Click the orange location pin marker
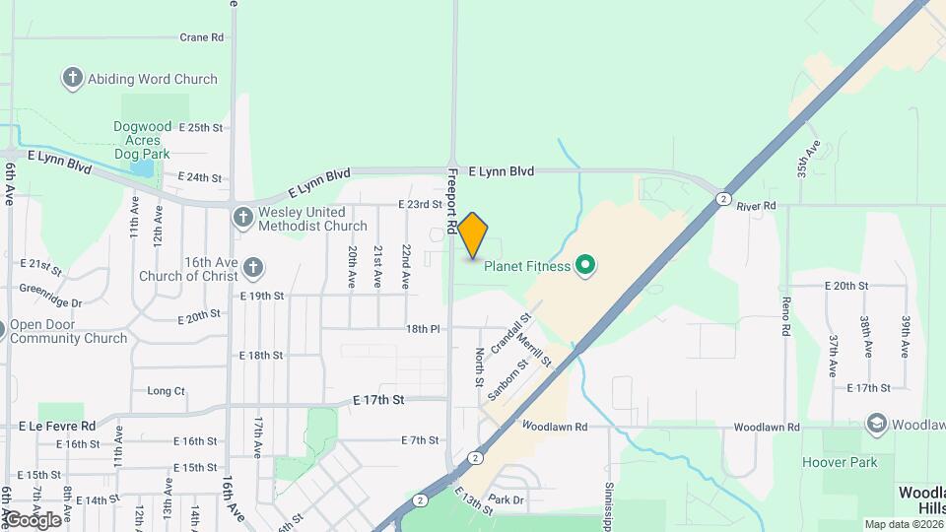[x=473, y=234]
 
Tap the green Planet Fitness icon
[x=585, y=264]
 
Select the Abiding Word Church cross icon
[x=72, y=79]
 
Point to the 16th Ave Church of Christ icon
[x=253, y=267]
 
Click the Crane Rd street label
[x=202, y=37]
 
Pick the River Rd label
[x=757, y=206]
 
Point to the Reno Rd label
[x=786, y=315]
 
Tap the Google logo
[x=33, y=519]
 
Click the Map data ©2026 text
[x=901, y=524]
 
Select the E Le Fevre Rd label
[x=57, y=426]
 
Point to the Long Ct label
[x=166, y=391]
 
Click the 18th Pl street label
[x=422, y=329]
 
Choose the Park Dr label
[x=506, y=499]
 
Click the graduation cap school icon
[x=875, y=425]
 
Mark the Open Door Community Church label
[x=69, y=331]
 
